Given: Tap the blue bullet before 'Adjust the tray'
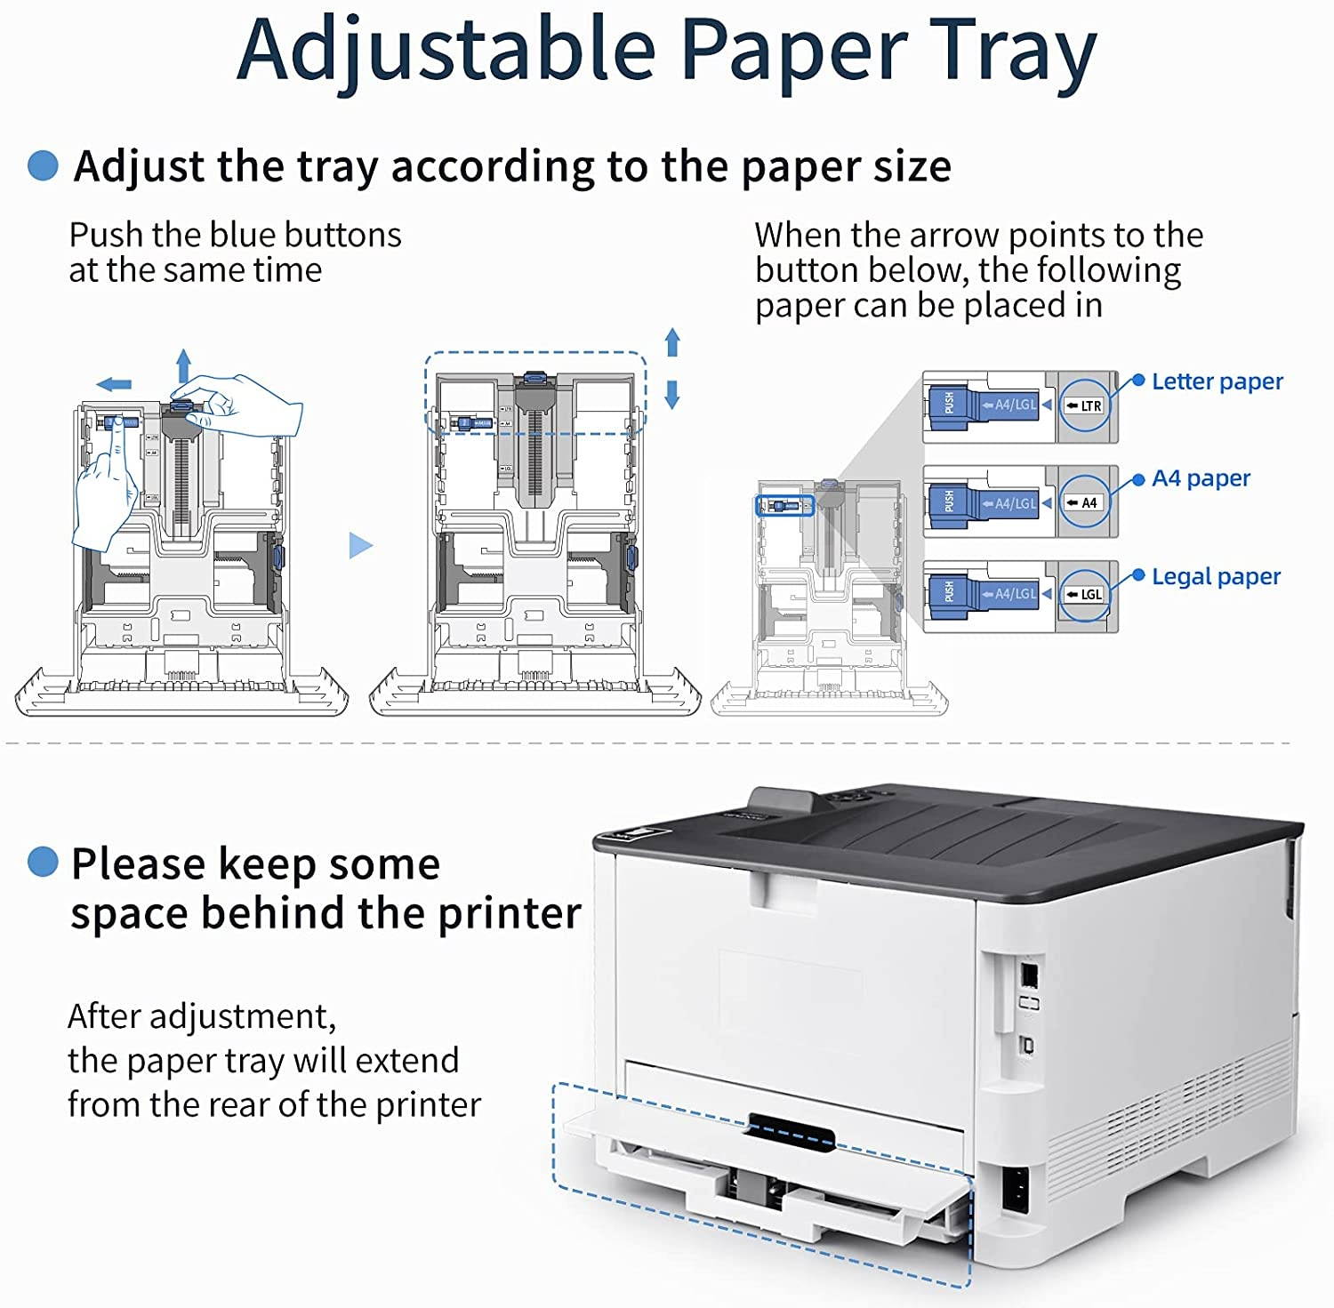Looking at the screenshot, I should pyautogui.click(x=43, y=165).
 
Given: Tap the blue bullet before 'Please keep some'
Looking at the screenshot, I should pyautogui.click(x=43, y=862).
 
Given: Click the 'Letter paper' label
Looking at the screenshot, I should pyautogui.click(x=1217, y=381).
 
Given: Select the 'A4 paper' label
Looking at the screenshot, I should pyautogui.click(x=1201, y=478).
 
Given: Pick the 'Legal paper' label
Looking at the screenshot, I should pyautogui.click(x=1216, y=576).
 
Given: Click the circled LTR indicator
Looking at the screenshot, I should pyautogui.click(x=1085, y=405).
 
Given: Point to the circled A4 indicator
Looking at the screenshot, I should pyautogui.click(x=1085, y=502).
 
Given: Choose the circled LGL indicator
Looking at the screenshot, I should pyautogui.click(x=1085, y=594).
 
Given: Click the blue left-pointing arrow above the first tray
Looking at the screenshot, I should pyautogui.click(x=114, y=384).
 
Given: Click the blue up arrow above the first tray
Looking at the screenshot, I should pyautogui.click(x=183, y=365).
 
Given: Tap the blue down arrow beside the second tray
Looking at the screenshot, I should pyautogui.click(x=672, y=394).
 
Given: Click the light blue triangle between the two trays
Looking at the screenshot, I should pyautogui.click(x=359, y=545).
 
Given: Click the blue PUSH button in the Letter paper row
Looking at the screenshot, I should pyautogui.click(x=949, y=404).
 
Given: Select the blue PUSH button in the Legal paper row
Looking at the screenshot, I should pyautogui.click(x=949, y=592).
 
